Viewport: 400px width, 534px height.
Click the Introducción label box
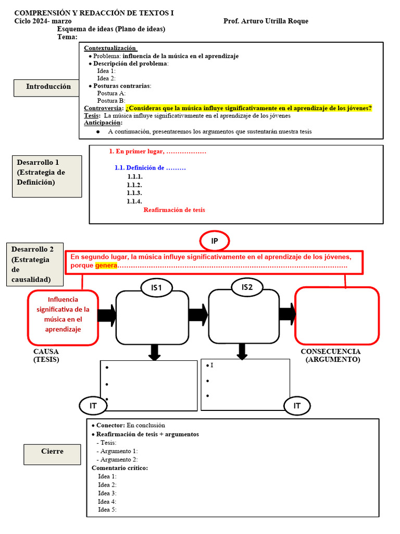point(48,87)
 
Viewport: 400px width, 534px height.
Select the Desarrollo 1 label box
point(47,176)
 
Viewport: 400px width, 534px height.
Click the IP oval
point(214,240)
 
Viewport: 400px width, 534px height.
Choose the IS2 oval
point(247,287)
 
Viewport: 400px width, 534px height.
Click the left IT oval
point(93,405)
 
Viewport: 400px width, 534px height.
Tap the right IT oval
point(297,405)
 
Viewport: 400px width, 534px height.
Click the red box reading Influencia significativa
point(63,318)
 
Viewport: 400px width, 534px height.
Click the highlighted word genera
point(106,266)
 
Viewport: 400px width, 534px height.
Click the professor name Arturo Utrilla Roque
point(266,21)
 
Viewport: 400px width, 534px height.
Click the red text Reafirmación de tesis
point(174,210)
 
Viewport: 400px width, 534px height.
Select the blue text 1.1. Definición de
point(150,168)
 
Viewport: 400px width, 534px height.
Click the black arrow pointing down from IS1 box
point(154,352)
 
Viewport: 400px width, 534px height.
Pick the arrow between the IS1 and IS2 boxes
point(198,315)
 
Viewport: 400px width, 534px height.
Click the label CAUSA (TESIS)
point(46,355)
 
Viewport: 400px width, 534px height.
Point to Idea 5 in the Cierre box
point(107,509)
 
